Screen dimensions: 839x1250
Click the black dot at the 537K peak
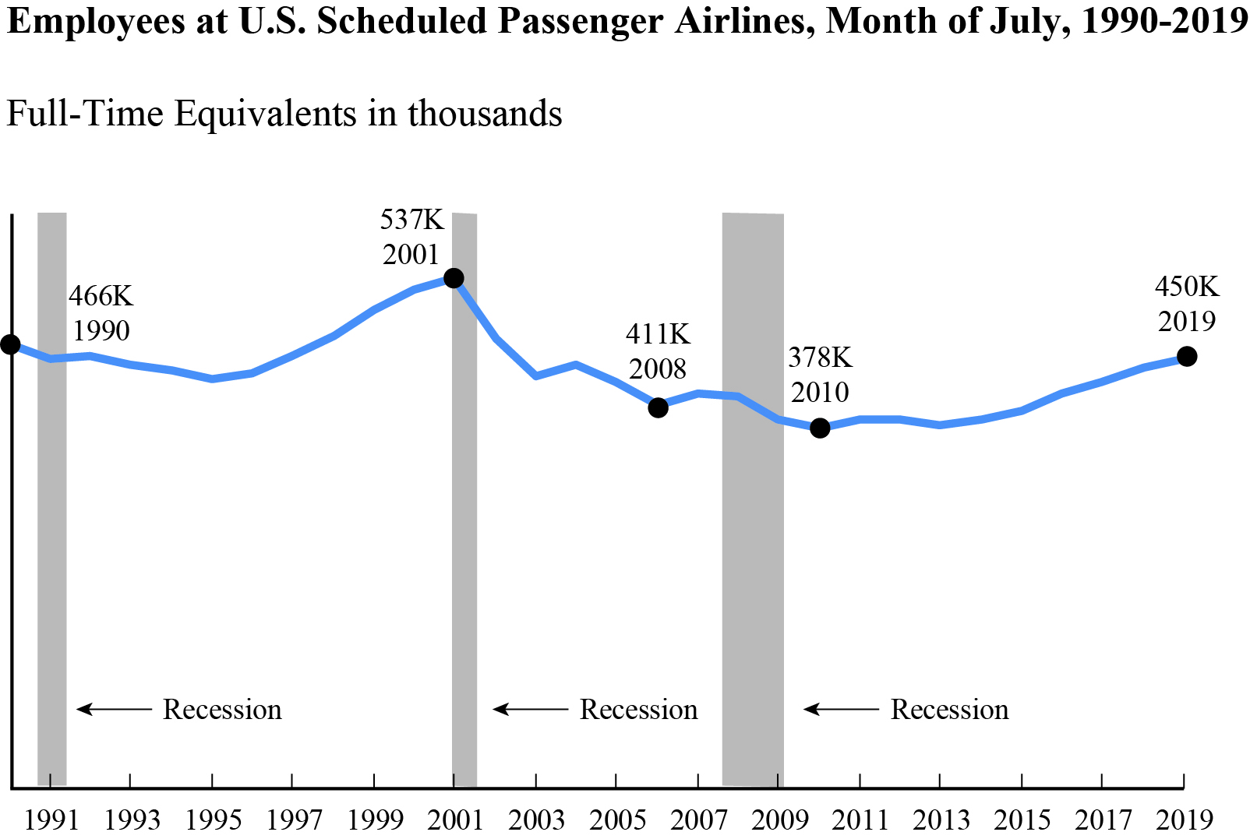pyautogui.click(x=454, y=278)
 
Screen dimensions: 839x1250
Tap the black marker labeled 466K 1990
pyautogui.click(x=10, y=344)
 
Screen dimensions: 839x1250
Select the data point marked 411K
pyautogui.click(x=658, y=407)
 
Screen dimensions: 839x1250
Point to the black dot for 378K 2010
pyautogui.click(x=820, y=428)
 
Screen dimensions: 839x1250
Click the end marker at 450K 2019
pyautogui.click(x=1186, y=357)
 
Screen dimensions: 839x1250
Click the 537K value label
pyautogui.click(x=411, y=220)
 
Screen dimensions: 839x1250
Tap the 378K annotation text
pyautogui.click(x=820, y=358)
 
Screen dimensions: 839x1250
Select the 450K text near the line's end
pyautogui.click(x=1186, y=287)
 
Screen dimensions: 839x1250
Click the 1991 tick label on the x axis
pyautogui.click(x=51, y=820)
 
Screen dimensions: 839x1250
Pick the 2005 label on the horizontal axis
pyautogui.click(x=616, y=820)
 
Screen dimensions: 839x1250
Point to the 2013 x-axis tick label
pyautogui.click(x=941, y=820)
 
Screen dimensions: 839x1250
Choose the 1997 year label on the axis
pyautogui.click(x=293, y=820)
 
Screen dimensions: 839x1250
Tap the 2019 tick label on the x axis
pyautogui.click(x=1184, y=820)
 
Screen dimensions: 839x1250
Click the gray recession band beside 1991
pyautogui.click(x=52, y=499)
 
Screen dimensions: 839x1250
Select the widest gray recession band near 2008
pyautogui.click(x=753, y=499)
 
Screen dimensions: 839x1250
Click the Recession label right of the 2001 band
pyautogui.click(x=638, y=710)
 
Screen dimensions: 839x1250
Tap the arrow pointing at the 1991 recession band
pyautogui.click(x=114, y=709)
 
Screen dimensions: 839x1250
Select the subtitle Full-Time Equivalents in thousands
pyautogui.click(x=284, y=114)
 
